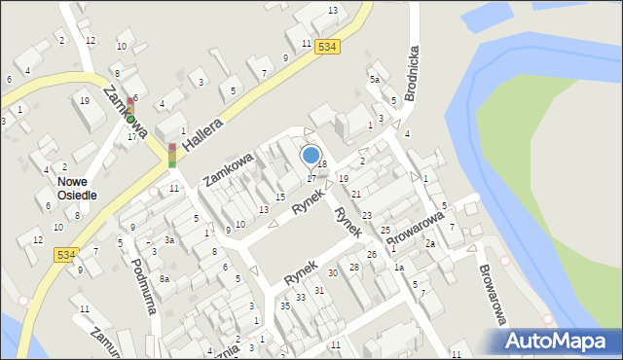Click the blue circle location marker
click(311, 155)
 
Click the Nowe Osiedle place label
click(76, 187)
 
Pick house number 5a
click(374, 79)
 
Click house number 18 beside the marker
click(322, 164)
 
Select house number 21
click(356, 196)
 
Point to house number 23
click(367, 215)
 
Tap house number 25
click(385, 230)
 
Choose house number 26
click(372, 255)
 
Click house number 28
click(354, 267)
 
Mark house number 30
click(333, 273)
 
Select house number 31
click(319, 291)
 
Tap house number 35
click(285, 306)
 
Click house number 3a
click(168, 239)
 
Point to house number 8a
click(165, 279)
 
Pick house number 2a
click(429, 243)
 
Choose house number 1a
click(398, 268)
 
